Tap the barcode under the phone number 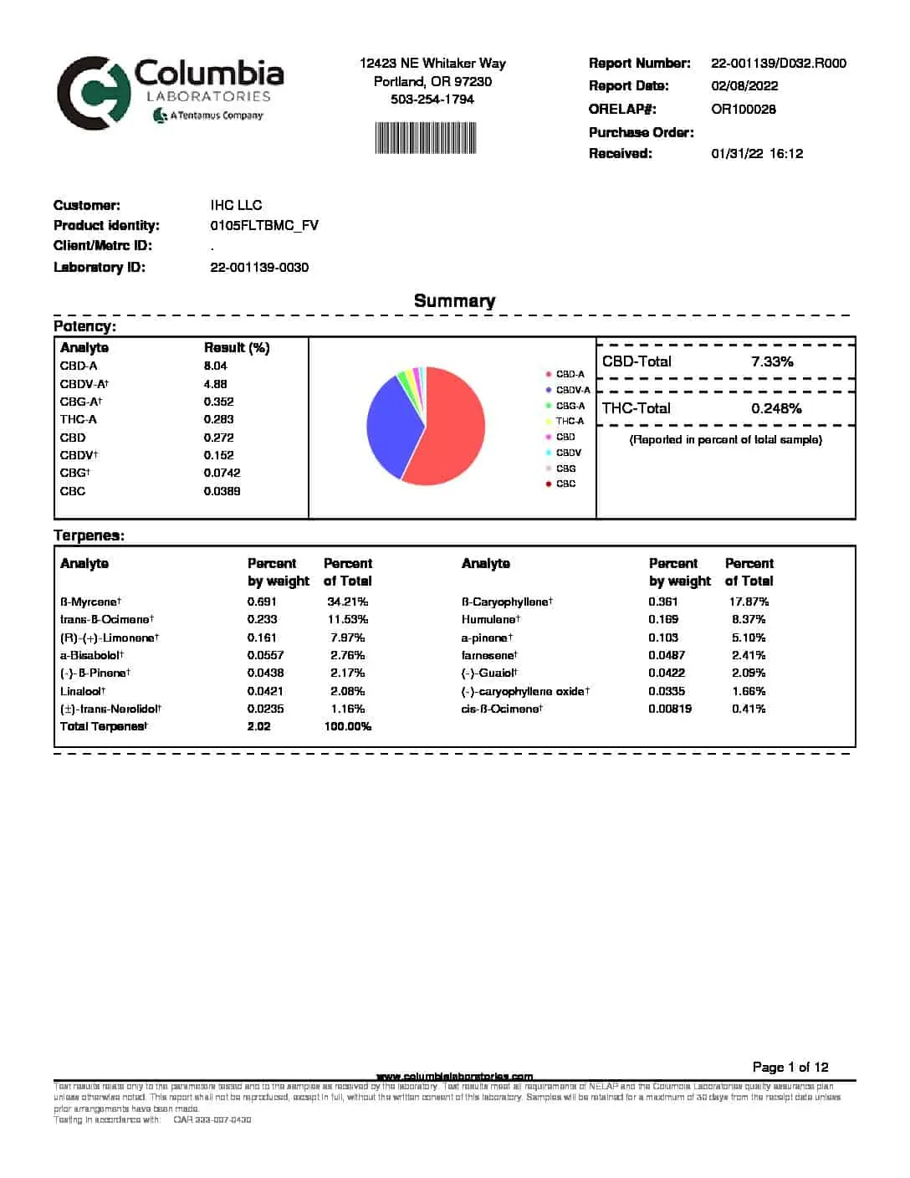coord(426,138)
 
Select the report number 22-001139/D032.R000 coord(778,63)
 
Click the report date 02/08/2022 coord(744,85)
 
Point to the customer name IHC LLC coord(236,205)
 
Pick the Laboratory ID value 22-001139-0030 coord(259,267)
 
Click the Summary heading coord(454,301)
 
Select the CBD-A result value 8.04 coord(215,366)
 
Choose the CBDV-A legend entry coord(572,390)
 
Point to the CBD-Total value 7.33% coord(772,361)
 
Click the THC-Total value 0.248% coord(776,408)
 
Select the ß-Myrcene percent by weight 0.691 coord(262,602)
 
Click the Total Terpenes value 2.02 coord(258,726)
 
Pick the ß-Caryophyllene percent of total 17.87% coord(749,602)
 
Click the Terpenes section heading coord(89,535)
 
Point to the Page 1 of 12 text coord(790,1067)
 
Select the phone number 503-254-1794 coord(432,99)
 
